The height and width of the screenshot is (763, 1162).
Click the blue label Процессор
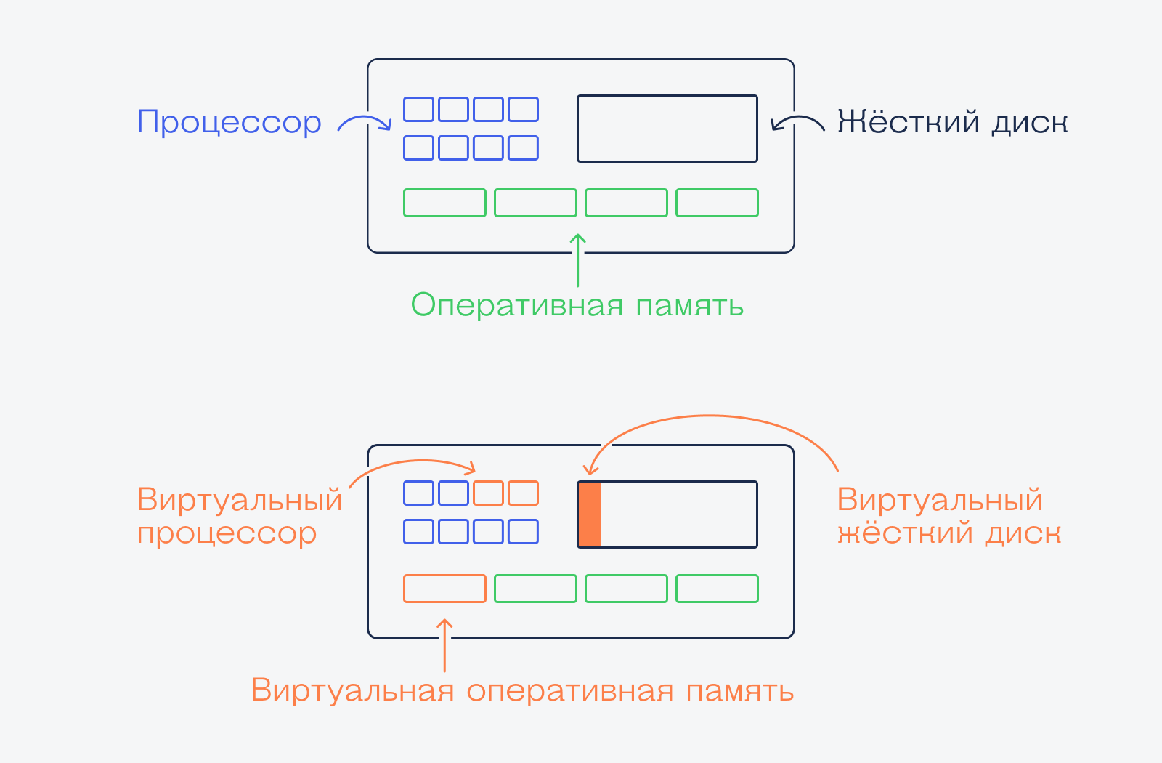(x=229, y=123)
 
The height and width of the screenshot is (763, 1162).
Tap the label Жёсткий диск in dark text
(x=952, y=122)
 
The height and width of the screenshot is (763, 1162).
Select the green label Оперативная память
(x=577, y=305)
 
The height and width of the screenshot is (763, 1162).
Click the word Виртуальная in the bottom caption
(x=353, y=690)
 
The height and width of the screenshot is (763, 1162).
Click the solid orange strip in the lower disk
(x=590, y=514)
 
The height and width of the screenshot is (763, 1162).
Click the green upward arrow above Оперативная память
(x=578, y=259)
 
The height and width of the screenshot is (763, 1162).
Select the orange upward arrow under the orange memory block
(x=444, y=645)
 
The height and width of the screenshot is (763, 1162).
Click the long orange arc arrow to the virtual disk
(x=708, y=415)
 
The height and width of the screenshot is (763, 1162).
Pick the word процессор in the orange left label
(x=227, y=534)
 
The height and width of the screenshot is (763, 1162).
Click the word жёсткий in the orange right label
(x=905, y=533)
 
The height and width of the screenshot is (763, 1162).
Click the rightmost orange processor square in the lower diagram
(x=524, y=493)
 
